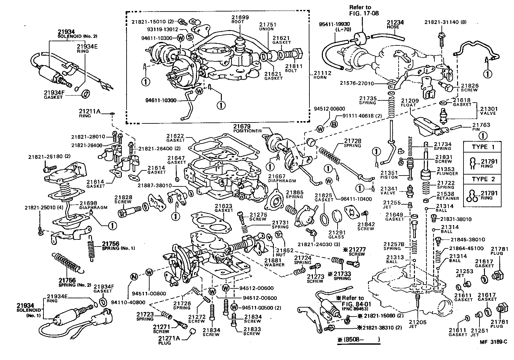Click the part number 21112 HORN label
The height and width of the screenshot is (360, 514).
point(323,75)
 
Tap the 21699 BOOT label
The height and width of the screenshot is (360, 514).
point(241,19)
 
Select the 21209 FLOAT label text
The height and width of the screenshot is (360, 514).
point(409,102)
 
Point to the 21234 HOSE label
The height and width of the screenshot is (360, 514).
point(395,25)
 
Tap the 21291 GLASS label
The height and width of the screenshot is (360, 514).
point(336,234)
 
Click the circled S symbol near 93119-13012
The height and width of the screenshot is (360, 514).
point(190,37)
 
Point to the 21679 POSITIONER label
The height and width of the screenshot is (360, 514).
point(247,129)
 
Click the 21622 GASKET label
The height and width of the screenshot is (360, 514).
point(175,138)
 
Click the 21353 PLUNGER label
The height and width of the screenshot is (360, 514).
point(447,171)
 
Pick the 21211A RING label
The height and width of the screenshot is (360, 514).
point(90,113)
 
